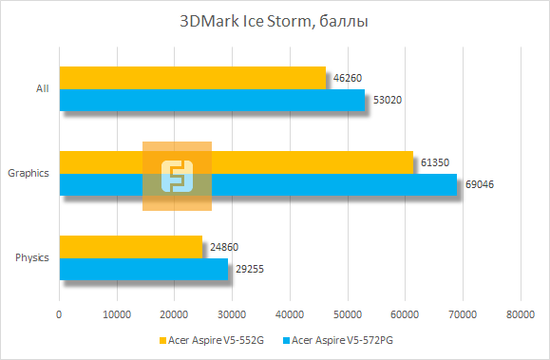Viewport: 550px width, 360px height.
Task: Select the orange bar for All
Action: tap(192, 78)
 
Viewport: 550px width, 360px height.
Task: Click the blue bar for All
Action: tap(212, 100)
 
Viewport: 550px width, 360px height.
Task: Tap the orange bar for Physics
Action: tap(131, 247)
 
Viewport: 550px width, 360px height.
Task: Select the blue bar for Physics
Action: tap(143, 269)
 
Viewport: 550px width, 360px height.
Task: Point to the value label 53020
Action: tap(384, 100)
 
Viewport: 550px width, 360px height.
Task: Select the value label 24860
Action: tap(222, 247)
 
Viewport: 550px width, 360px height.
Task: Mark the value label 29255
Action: tap(248, 269)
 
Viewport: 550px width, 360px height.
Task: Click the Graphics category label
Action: tap(28, 174)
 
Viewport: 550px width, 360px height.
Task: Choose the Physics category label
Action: tap(32, 258)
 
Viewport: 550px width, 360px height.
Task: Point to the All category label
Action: tap(42, 89)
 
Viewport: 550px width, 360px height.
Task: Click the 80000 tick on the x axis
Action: tap(520, 313)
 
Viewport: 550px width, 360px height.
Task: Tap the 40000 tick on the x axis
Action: tap(290, 313)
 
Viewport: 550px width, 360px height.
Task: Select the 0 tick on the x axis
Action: tap(60, 313)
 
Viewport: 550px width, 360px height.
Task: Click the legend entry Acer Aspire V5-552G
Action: tap(211, 340)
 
